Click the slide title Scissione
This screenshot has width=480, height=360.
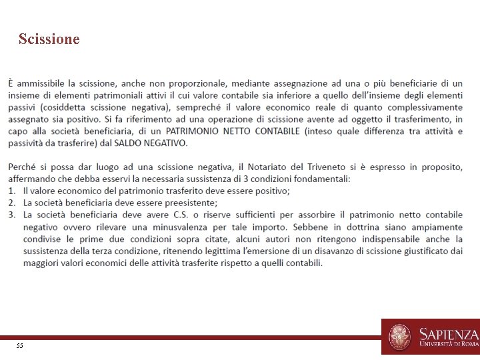coord(49,39)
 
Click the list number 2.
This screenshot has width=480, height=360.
coord(12,203)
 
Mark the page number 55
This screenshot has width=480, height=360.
coord(19,346)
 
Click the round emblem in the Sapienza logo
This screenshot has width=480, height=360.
coord(400,337)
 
